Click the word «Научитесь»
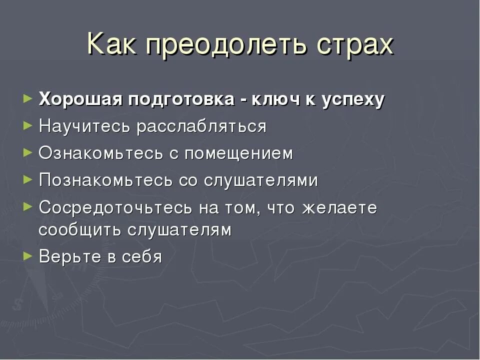pos(85,126)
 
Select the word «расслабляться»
pos(202,126)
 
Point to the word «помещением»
pos(238,153)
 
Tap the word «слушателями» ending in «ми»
pos(260,180)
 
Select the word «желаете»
pos(339,207)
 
